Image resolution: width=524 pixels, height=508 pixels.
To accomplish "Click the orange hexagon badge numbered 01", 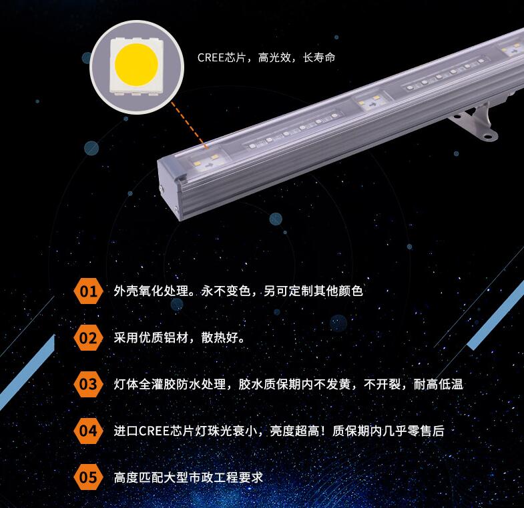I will click(88, 291).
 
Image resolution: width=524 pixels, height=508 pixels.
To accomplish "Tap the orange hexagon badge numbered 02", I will click(88, 337).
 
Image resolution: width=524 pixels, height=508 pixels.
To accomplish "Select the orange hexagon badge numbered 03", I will click(88, 384).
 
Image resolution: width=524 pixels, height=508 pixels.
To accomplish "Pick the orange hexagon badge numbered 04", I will click(88, 431).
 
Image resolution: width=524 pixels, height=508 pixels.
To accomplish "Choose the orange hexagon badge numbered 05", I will click(88, 477).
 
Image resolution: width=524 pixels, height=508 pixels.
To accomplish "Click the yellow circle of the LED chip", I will click(136, 65).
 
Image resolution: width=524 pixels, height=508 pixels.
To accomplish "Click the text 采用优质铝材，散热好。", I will click(180, 337).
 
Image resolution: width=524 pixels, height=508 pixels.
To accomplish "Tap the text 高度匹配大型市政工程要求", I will click(189, 477).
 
